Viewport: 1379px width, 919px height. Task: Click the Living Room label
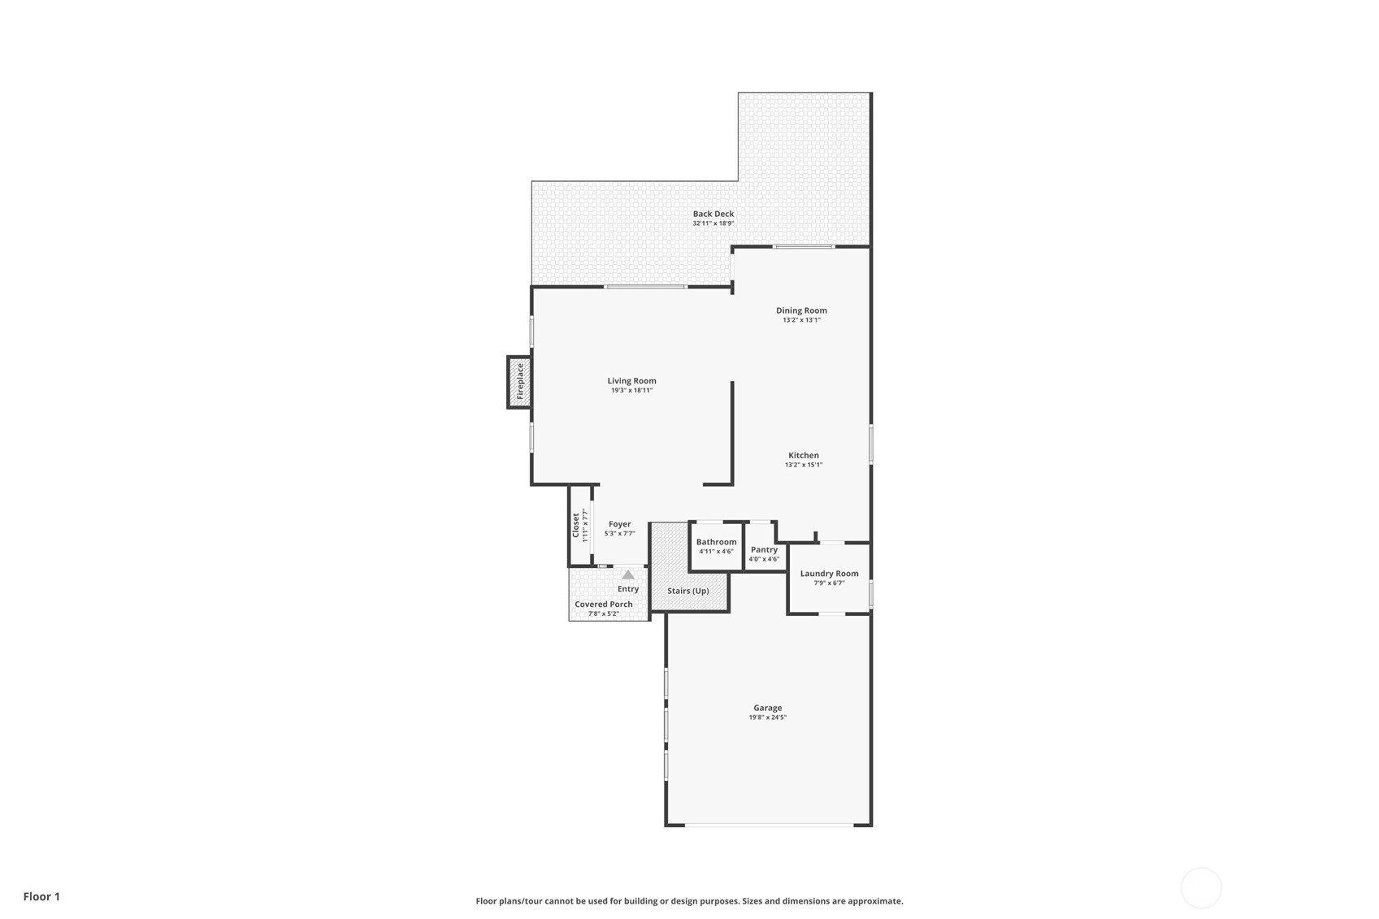[x=631, y=380]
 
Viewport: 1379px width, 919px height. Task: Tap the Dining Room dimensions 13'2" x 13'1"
[x=801, y=320]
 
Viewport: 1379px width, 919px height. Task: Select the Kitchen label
[x=804, y=456]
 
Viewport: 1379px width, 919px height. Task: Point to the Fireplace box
[x=519, y=382]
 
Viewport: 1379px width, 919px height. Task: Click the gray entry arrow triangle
[x=628, y=575]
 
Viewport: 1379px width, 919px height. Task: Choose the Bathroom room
[x=716, y=547]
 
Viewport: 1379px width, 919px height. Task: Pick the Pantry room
[x=764, y=547]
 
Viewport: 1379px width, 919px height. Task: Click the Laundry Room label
[x=829, y=574]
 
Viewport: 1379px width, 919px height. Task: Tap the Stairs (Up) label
[x=688, y=591]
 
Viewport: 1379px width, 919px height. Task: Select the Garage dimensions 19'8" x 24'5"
[x=768, y=717]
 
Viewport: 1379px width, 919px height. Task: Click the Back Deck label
[x=713, y=214]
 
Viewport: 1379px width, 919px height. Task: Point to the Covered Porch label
[x=604, y=605]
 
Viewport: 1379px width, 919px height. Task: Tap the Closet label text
[x=575, y=525]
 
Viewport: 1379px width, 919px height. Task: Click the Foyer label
[x=619, y=524]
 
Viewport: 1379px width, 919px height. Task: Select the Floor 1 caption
[x=42, y=896]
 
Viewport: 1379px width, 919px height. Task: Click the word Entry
[x=628, y=589]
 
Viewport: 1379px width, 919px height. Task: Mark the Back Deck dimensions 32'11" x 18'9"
[x=713, y=223]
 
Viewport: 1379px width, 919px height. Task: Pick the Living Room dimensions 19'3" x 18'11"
[x=631, y=390]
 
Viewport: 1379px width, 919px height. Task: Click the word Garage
[x=768, y=708]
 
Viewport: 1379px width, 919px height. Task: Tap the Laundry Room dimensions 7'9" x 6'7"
[x=829, y=583]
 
